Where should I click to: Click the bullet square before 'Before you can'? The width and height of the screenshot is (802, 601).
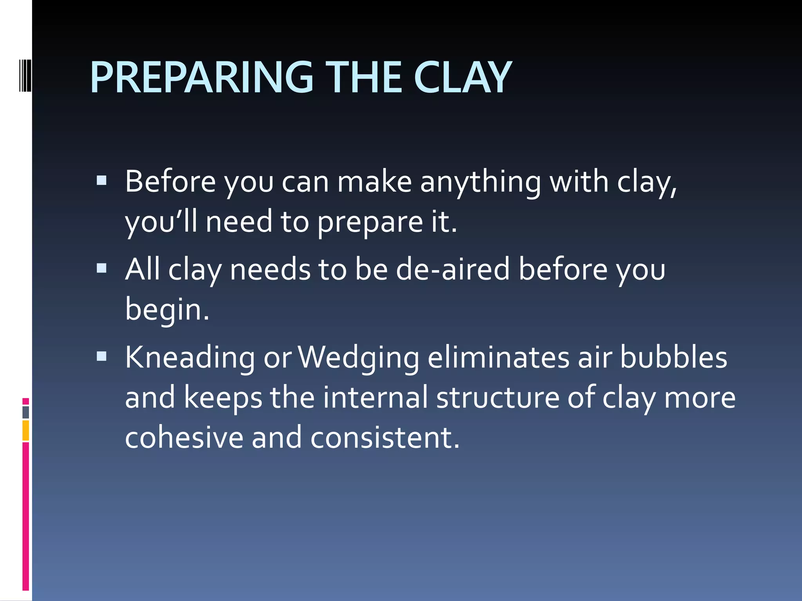coord(101,180)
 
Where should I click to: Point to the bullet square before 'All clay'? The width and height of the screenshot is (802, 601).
coord(101,268)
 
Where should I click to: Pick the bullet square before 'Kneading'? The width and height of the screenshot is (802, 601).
coord(101,356)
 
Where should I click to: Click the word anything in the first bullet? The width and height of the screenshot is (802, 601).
coord(480,182)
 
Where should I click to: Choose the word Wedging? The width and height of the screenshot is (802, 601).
coord(359,358)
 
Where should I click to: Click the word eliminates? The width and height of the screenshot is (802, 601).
coord(499,358)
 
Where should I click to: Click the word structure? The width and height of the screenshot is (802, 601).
coord(498,398)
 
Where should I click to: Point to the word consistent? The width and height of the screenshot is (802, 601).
coord(385,437)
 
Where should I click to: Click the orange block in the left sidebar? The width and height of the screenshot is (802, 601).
coord(26,430)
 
